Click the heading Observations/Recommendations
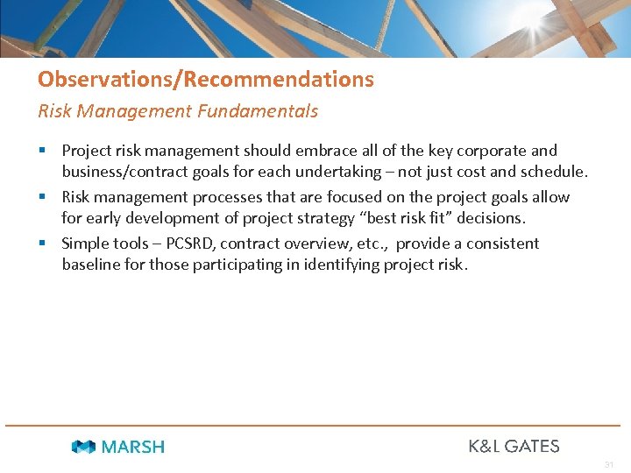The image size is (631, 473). (x=205, y=80)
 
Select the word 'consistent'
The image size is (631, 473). (x=502, y=244)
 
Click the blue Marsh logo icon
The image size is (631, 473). (x=83, y=447)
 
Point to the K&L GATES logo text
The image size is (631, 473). (x=514, y=446)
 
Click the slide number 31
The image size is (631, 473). (x=610, y=463)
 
